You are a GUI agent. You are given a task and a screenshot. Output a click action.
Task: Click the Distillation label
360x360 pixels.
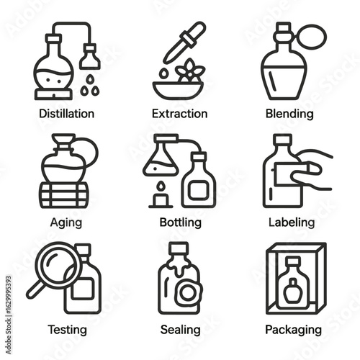66,114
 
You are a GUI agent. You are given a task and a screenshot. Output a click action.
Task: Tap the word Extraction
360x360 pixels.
180,114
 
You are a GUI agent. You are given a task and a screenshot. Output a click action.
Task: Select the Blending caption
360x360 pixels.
289,114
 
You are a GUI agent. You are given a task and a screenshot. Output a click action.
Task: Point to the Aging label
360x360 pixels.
66,222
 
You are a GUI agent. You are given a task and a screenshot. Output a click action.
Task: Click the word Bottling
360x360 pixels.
181,222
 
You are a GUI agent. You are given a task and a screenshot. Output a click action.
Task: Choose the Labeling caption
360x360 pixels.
292,222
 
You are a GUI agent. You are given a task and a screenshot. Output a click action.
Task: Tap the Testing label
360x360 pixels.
67,330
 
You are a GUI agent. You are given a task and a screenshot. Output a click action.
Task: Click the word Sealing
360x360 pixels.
181,330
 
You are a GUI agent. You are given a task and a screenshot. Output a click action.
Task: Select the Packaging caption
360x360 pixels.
293,330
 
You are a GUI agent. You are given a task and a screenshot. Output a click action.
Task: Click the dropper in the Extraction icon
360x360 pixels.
184,42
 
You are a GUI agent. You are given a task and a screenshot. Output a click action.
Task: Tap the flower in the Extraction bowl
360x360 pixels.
190,71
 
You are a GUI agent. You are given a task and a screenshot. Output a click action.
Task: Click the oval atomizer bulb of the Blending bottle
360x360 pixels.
312,37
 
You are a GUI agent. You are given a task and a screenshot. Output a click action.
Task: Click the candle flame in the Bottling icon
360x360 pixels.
161,186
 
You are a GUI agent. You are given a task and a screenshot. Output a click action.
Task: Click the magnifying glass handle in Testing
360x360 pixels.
35,289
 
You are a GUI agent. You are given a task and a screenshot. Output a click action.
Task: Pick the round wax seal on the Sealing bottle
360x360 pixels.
189,292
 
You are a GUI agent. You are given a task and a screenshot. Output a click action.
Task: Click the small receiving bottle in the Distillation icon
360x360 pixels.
90,56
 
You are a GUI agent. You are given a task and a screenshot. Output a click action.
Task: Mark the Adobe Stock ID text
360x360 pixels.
9,315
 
